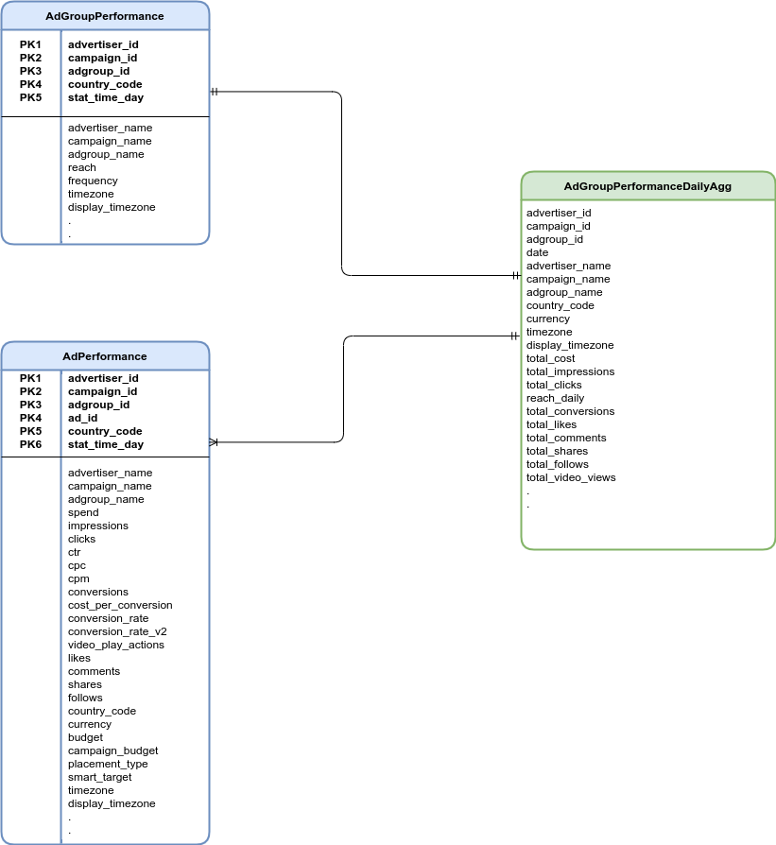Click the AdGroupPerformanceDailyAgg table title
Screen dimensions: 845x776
647,186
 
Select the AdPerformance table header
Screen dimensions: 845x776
105,356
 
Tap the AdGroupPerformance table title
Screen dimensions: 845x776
105,16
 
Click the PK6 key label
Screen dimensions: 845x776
31,444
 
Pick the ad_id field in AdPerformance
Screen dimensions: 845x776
82,418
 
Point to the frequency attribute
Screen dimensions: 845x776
93,181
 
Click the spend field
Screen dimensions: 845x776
83,512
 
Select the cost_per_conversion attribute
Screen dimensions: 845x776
120,605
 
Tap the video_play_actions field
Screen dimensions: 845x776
116,645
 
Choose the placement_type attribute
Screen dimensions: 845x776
108,764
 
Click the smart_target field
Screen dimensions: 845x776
100,777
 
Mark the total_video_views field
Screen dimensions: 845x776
571,477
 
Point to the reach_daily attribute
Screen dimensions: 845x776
556,398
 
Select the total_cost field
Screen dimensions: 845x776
551,358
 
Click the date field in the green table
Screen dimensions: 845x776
537,252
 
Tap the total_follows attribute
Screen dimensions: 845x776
558,464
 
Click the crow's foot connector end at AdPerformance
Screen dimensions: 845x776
214,441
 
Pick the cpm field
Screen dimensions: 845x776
78,578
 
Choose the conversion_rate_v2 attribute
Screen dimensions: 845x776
117,631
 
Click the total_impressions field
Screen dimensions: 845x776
570,371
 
